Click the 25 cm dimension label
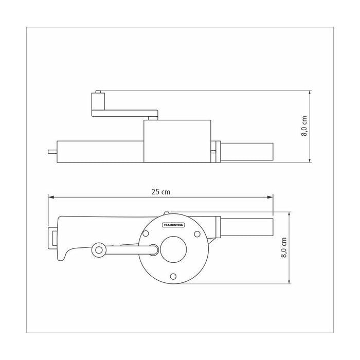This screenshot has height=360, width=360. tap(160, 192)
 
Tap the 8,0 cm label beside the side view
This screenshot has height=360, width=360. tap(304, 126)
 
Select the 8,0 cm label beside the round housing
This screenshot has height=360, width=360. tap(284, 247)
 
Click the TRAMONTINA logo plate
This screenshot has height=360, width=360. tap(174, 225)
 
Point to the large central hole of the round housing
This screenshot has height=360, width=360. tap(173, 249)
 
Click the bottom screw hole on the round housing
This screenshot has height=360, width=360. tap(173, 276)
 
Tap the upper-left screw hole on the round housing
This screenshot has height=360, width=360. tap(146, 233)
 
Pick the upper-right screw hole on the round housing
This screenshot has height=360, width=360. tap(197, 234)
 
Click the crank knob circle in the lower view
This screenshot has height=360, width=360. tap(99, 250)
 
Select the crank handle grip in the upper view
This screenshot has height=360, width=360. tap(98, 101)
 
